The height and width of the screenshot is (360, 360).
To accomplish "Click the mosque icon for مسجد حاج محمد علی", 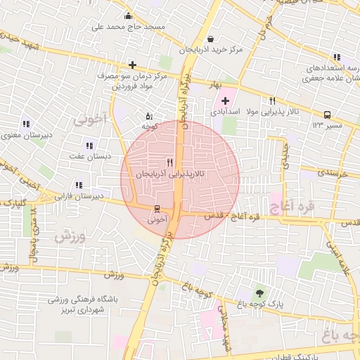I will pyautogui.click(x=127, y=16).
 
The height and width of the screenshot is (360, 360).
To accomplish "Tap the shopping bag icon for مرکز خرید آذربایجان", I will pyautogui.click(x=211, y=39).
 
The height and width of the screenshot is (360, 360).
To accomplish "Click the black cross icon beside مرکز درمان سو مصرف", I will pyautogui.click(x=132, y=65).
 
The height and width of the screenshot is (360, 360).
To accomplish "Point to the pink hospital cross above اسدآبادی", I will pyautogui.click(x=225, y=101).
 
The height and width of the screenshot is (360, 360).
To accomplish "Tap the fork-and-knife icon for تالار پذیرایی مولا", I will pyautogui.click(x=272, y=101).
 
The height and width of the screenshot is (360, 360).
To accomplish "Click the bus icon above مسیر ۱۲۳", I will pyautogui.click(x=327, y=115).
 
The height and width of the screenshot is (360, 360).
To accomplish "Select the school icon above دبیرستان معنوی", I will pyautogui.click(x=26, y=124).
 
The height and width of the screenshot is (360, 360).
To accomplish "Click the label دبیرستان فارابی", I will pyautogui.click(x=79, y=195).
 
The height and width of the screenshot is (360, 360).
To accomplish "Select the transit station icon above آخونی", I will pyautogui.click(x=157, y=209).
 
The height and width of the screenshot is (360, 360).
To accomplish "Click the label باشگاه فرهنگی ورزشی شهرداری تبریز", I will pyautogui.click(x=77, y=304).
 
